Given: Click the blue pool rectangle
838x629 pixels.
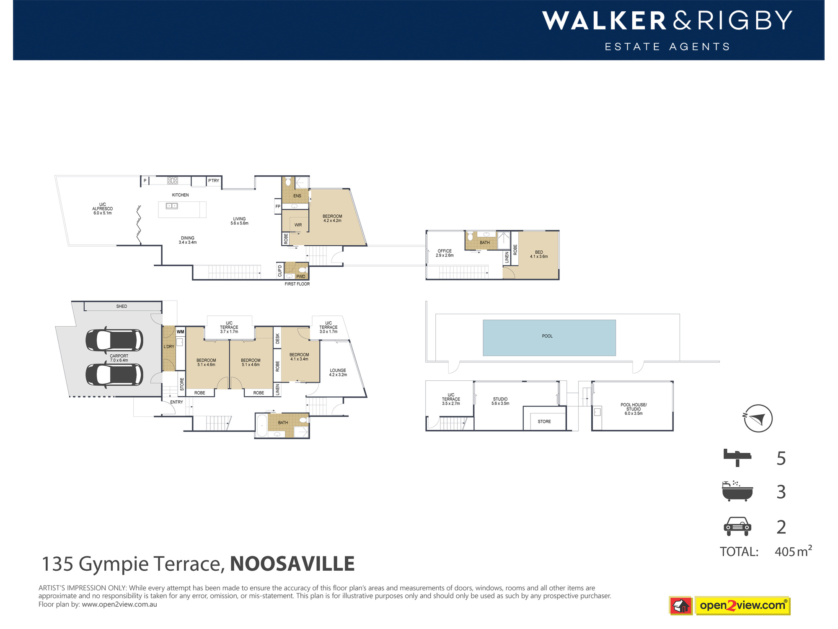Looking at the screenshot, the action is point(549,338).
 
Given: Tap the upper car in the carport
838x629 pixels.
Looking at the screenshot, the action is point(114,340).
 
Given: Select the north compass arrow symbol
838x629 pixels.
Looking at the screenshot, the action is point(758,418).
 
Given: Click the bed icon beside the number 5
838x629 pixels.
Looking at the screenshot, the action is point(737,457).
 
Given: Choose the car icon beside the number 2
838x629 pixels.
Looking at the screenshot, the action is point(737,526).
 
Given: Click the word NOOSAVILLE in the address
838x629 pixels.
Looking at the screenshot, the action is point(292,564).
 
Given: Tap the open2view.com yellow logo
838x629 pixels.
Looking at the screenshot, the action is point(742,606).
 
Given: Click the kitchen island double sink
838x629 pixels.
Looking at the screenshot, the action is point(172,206).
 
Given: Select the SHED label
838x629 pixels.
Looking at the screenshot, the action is point(122,307).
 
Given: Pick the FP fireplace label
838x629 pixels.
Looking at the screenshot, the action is point(278,206).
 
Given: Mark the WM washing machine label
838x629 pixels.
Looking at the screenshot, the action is point(180,332).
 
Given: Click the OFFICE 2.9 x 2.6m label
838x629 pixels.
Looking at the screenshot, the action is point(445,253).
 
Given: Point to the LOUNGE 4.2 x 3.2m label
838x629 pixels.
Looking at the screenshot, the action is point(338,372).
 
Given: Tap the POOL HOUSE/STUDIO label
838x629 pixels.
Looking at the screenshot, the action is point(634,409).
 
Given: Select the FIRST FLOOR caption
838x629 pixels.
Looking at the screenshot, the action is point(297,284).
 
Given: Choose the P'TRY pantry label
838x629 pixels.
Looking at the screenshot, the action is point(214,181).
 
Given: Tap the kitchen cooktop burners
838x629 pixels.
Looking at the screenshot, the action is point(173,181).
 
